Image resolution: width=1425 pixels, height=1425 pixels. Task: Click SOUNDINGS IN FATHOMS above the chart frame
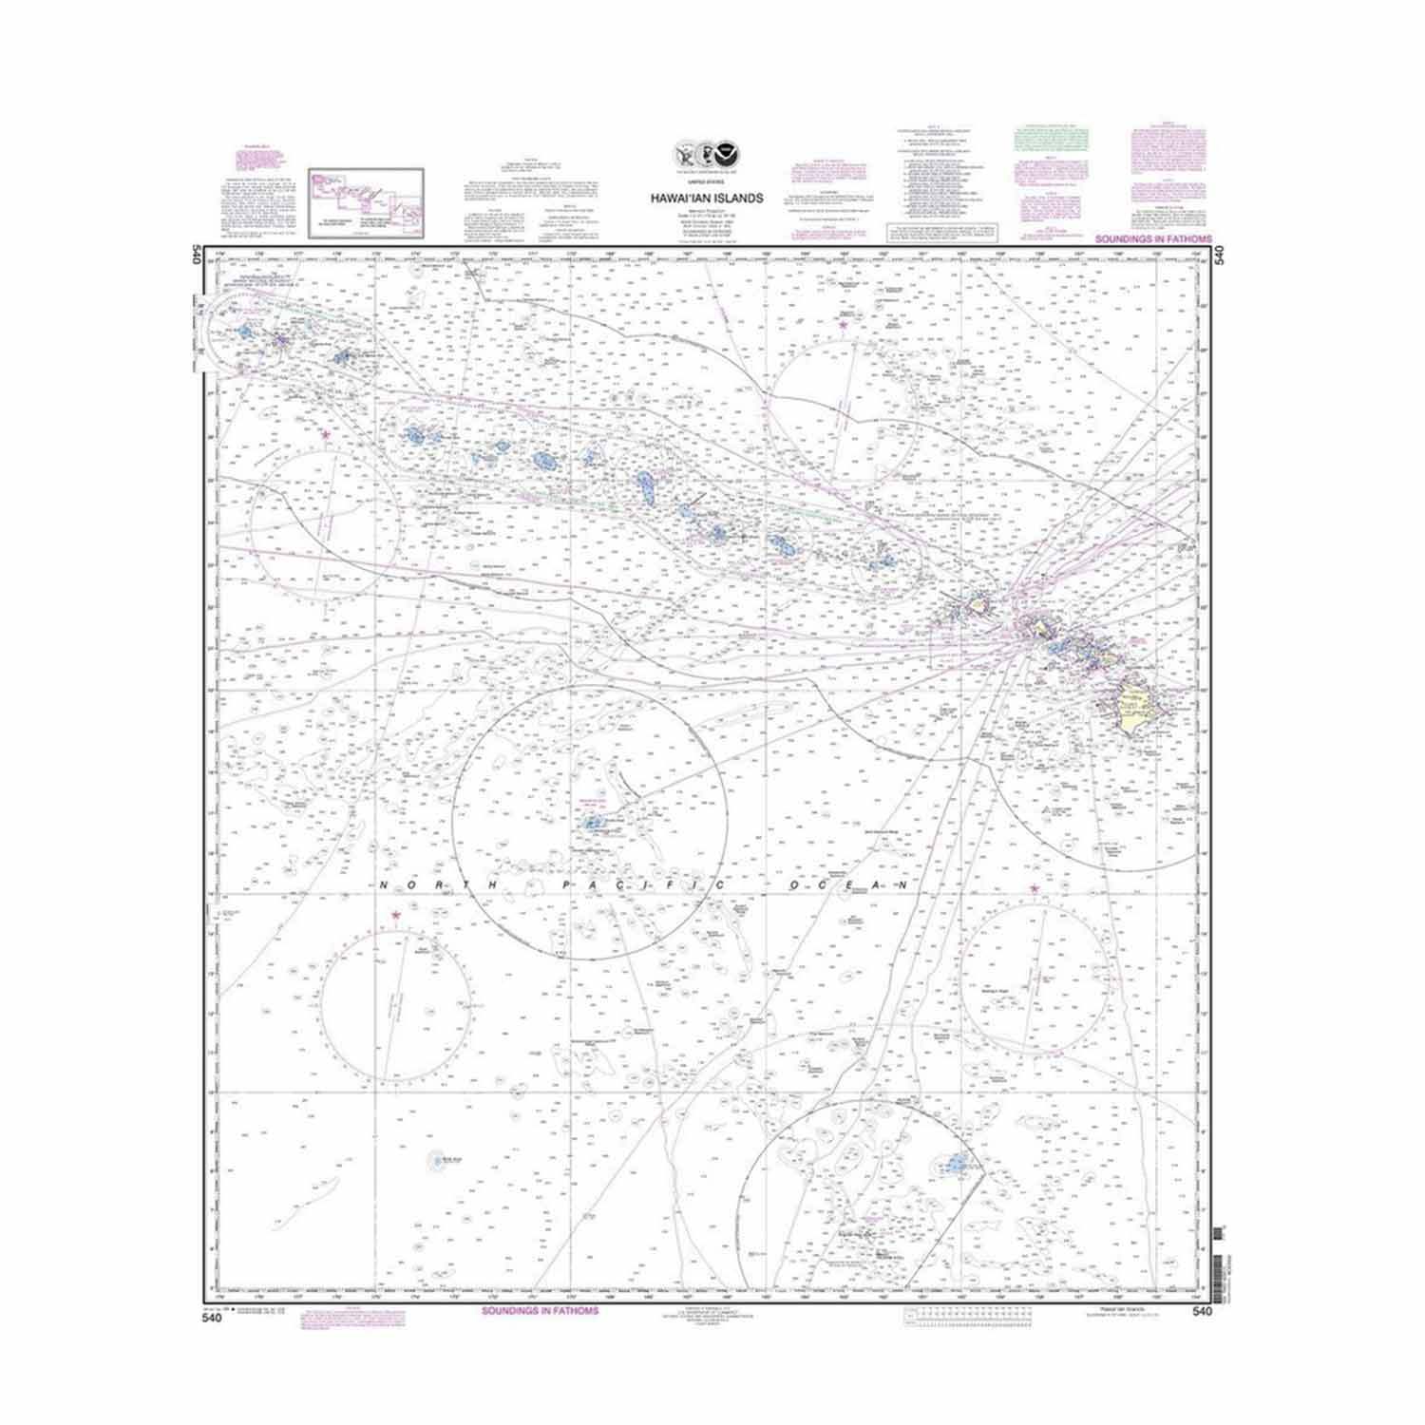[1154, 240]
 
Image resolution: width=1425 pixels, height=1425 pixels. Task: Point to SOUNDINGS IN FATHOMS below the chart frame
[541, 1312]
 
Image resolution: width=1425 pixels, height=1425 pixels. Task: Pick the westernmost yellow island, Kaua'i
[978, 603]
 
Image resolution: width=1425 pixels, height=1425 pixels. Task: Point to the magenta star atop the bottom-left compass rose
[395, 915]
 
